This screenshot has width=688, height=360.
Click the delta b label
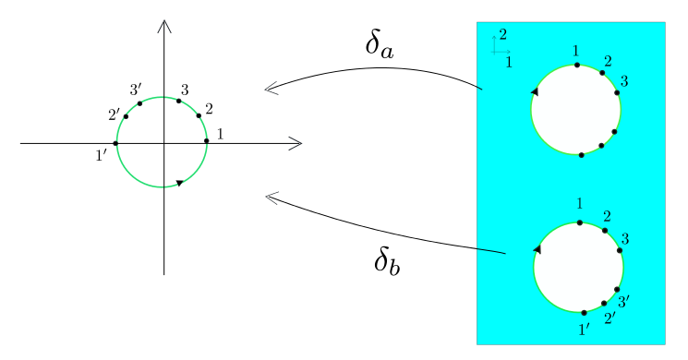pyautogui.click(x=387, y=261)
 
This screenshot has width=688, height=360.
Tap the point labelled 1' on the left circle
pyautogui.click(x=115, y=143)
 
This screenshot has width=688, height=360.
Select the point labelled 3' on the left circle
pyautogui.click(x=139, y=103)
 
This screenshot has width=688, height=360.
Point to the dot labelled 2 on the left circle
pyautogui.click(x=199, y=116)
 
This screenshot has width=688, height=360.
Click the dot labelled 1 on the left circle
pyautogui.click(x=207, y=141)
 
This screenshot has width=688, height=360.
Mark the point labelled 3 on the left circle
pyautogui.click(x=179, y=101)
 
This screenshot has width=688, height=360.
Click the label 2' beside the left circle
pyautogui.click(x=115, y=115)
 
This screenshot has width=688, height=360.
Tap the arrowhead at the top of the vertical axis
pyautogui.click(x=164, y=25)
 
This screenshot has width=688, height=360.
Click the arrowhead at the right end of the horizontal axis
pyautogui.click(x=296, y=143)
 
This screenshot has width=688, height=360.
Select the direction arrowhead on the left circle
pyautogui.click(x=179, y=183)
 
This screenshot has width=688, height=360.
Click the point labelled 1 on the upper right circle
pyautogui.click(x=577, y=65)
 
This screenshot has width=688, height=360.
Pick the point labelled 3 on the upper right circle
pyautogui.click(x=617, y=92)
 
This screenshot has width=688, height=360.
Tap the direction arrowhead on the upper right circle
pyautogui.click(x=534, y=91)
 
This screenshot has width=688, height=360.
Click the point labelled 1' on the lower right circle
pyautogui.click(x=584, y=312)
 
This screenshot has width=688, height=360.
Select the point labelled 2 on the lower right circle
pyautogui.click(x=605, y=230)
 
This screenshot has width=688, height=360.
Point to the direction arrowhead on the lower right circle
pyautogui.click(x=537, y=249)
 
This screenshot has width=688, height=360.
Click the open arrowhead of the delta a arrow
pyautogui.click(x=271, y=90)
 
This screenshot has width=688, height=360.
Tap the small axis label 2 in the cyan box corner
pyautogui.click(x=502, y=35)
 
